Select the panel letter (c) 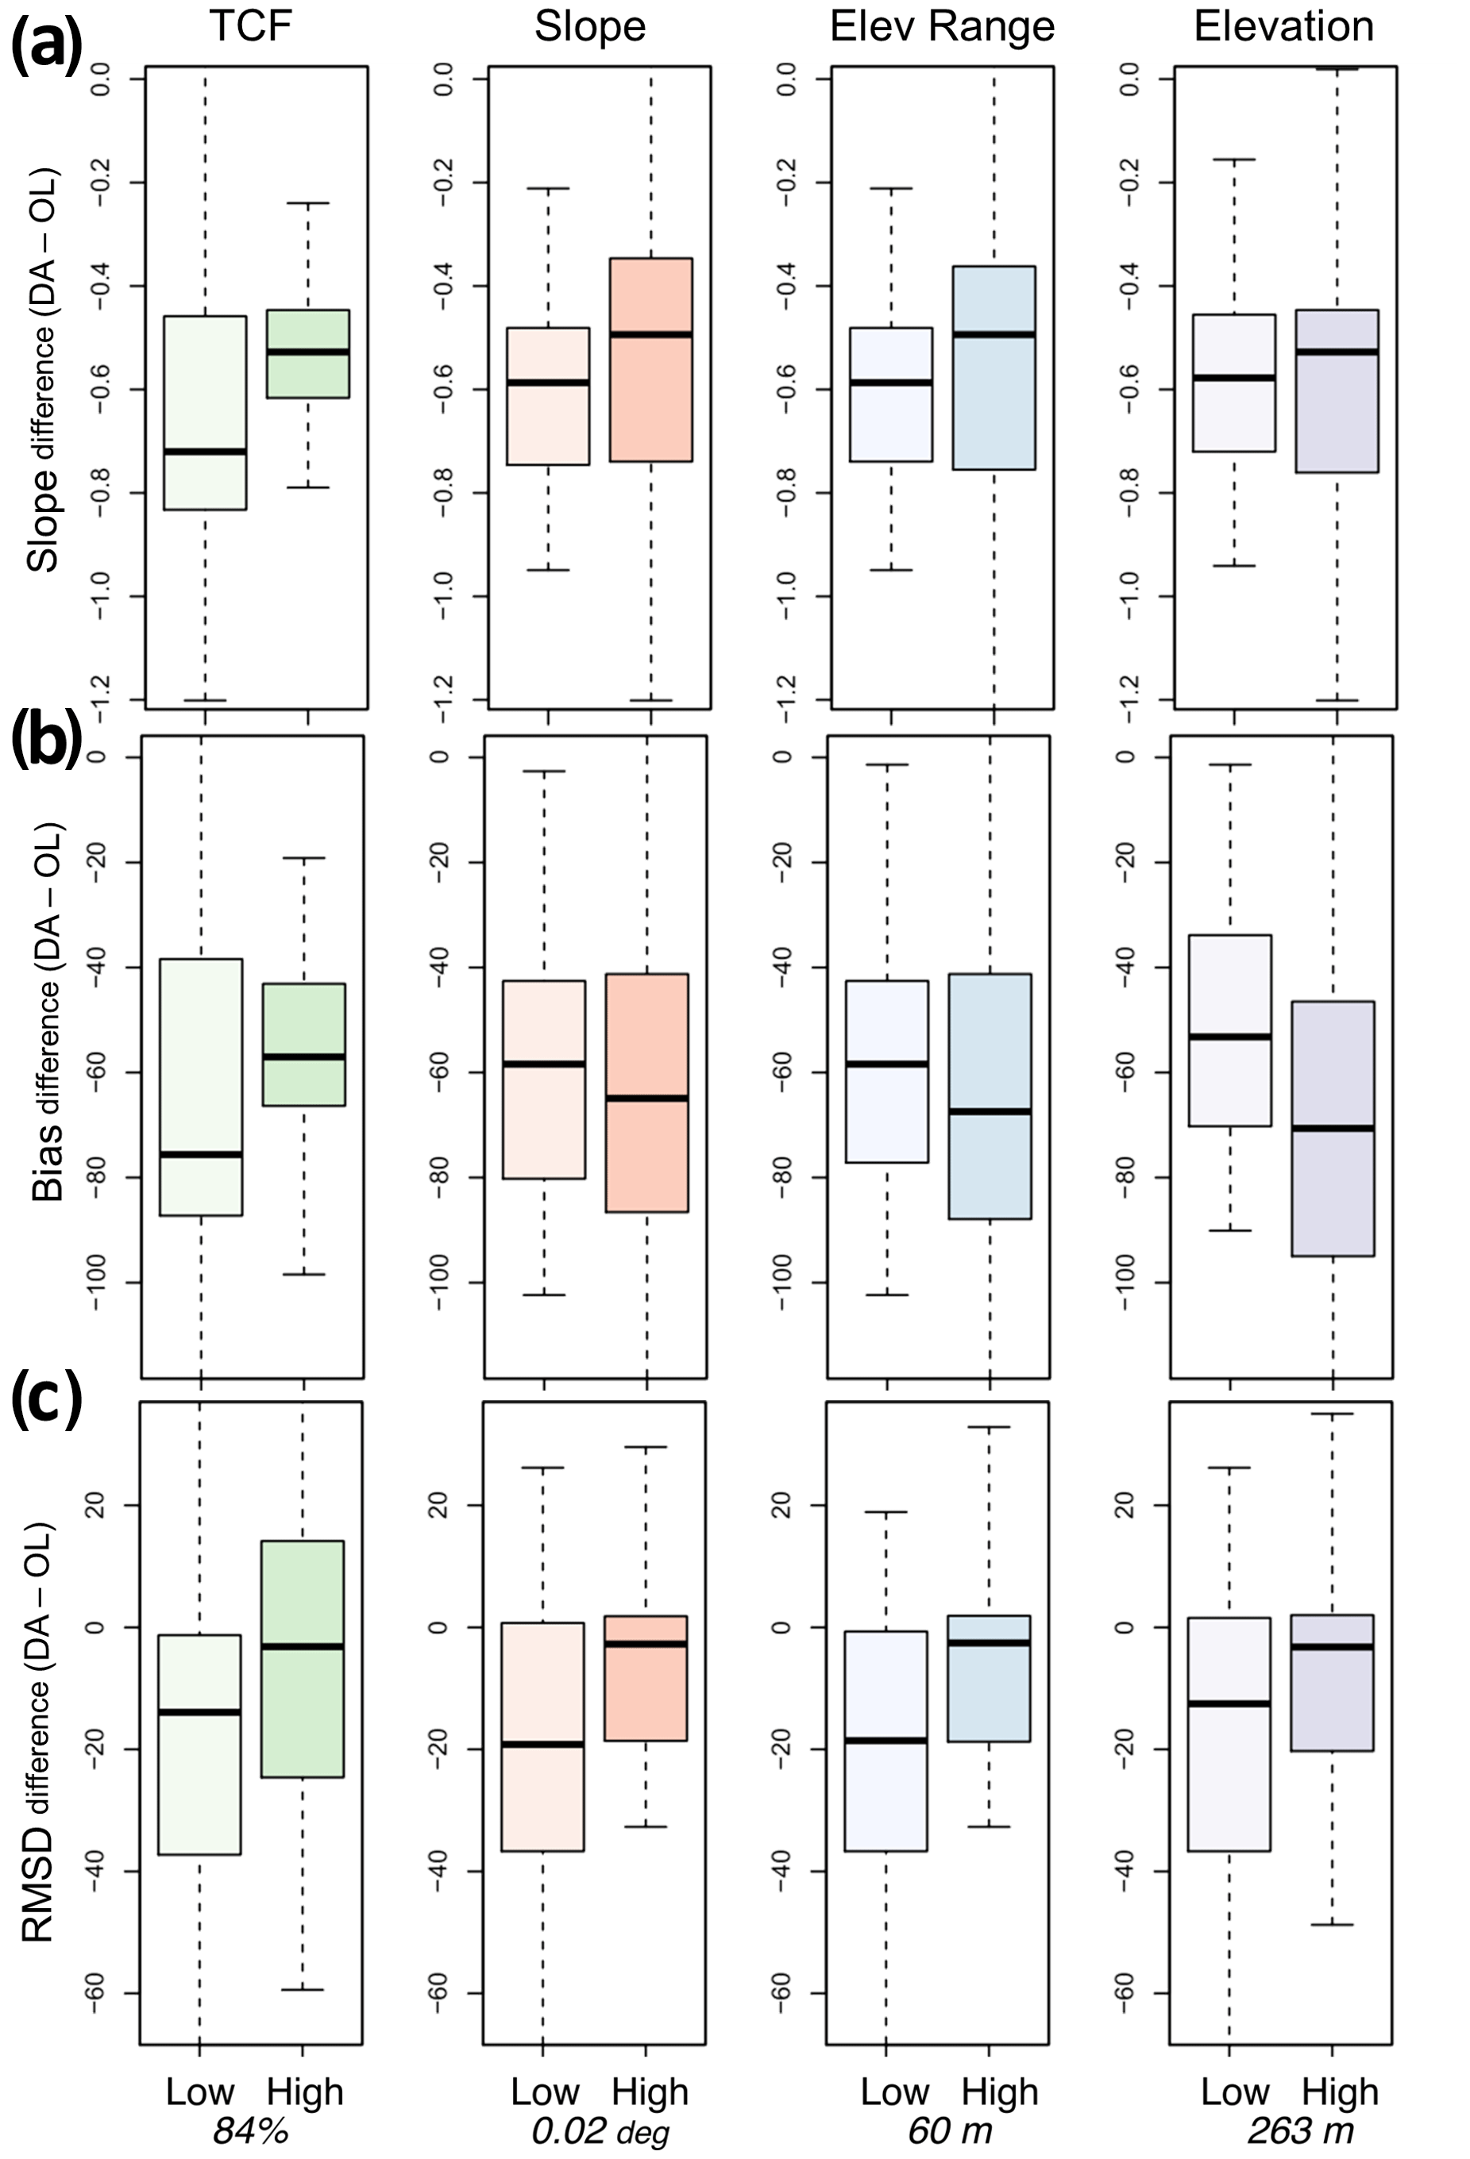click(47, 1403)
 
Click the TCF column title click(251, 26)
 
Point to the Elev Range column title click(941, 26)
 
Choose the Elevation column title click(1283, 26)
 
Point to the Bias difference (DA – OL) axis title click(47, 1013)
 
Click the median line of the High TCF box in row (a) click(307, 351)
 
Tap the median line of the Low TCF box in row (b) click(201, 1155)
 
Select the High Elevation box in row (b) click(1333, 1129)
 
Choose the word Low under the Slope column click(545, 2092)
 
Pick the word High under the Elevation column click(1339, 2092)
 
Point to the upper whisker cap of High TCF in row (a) click(307, 202)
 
